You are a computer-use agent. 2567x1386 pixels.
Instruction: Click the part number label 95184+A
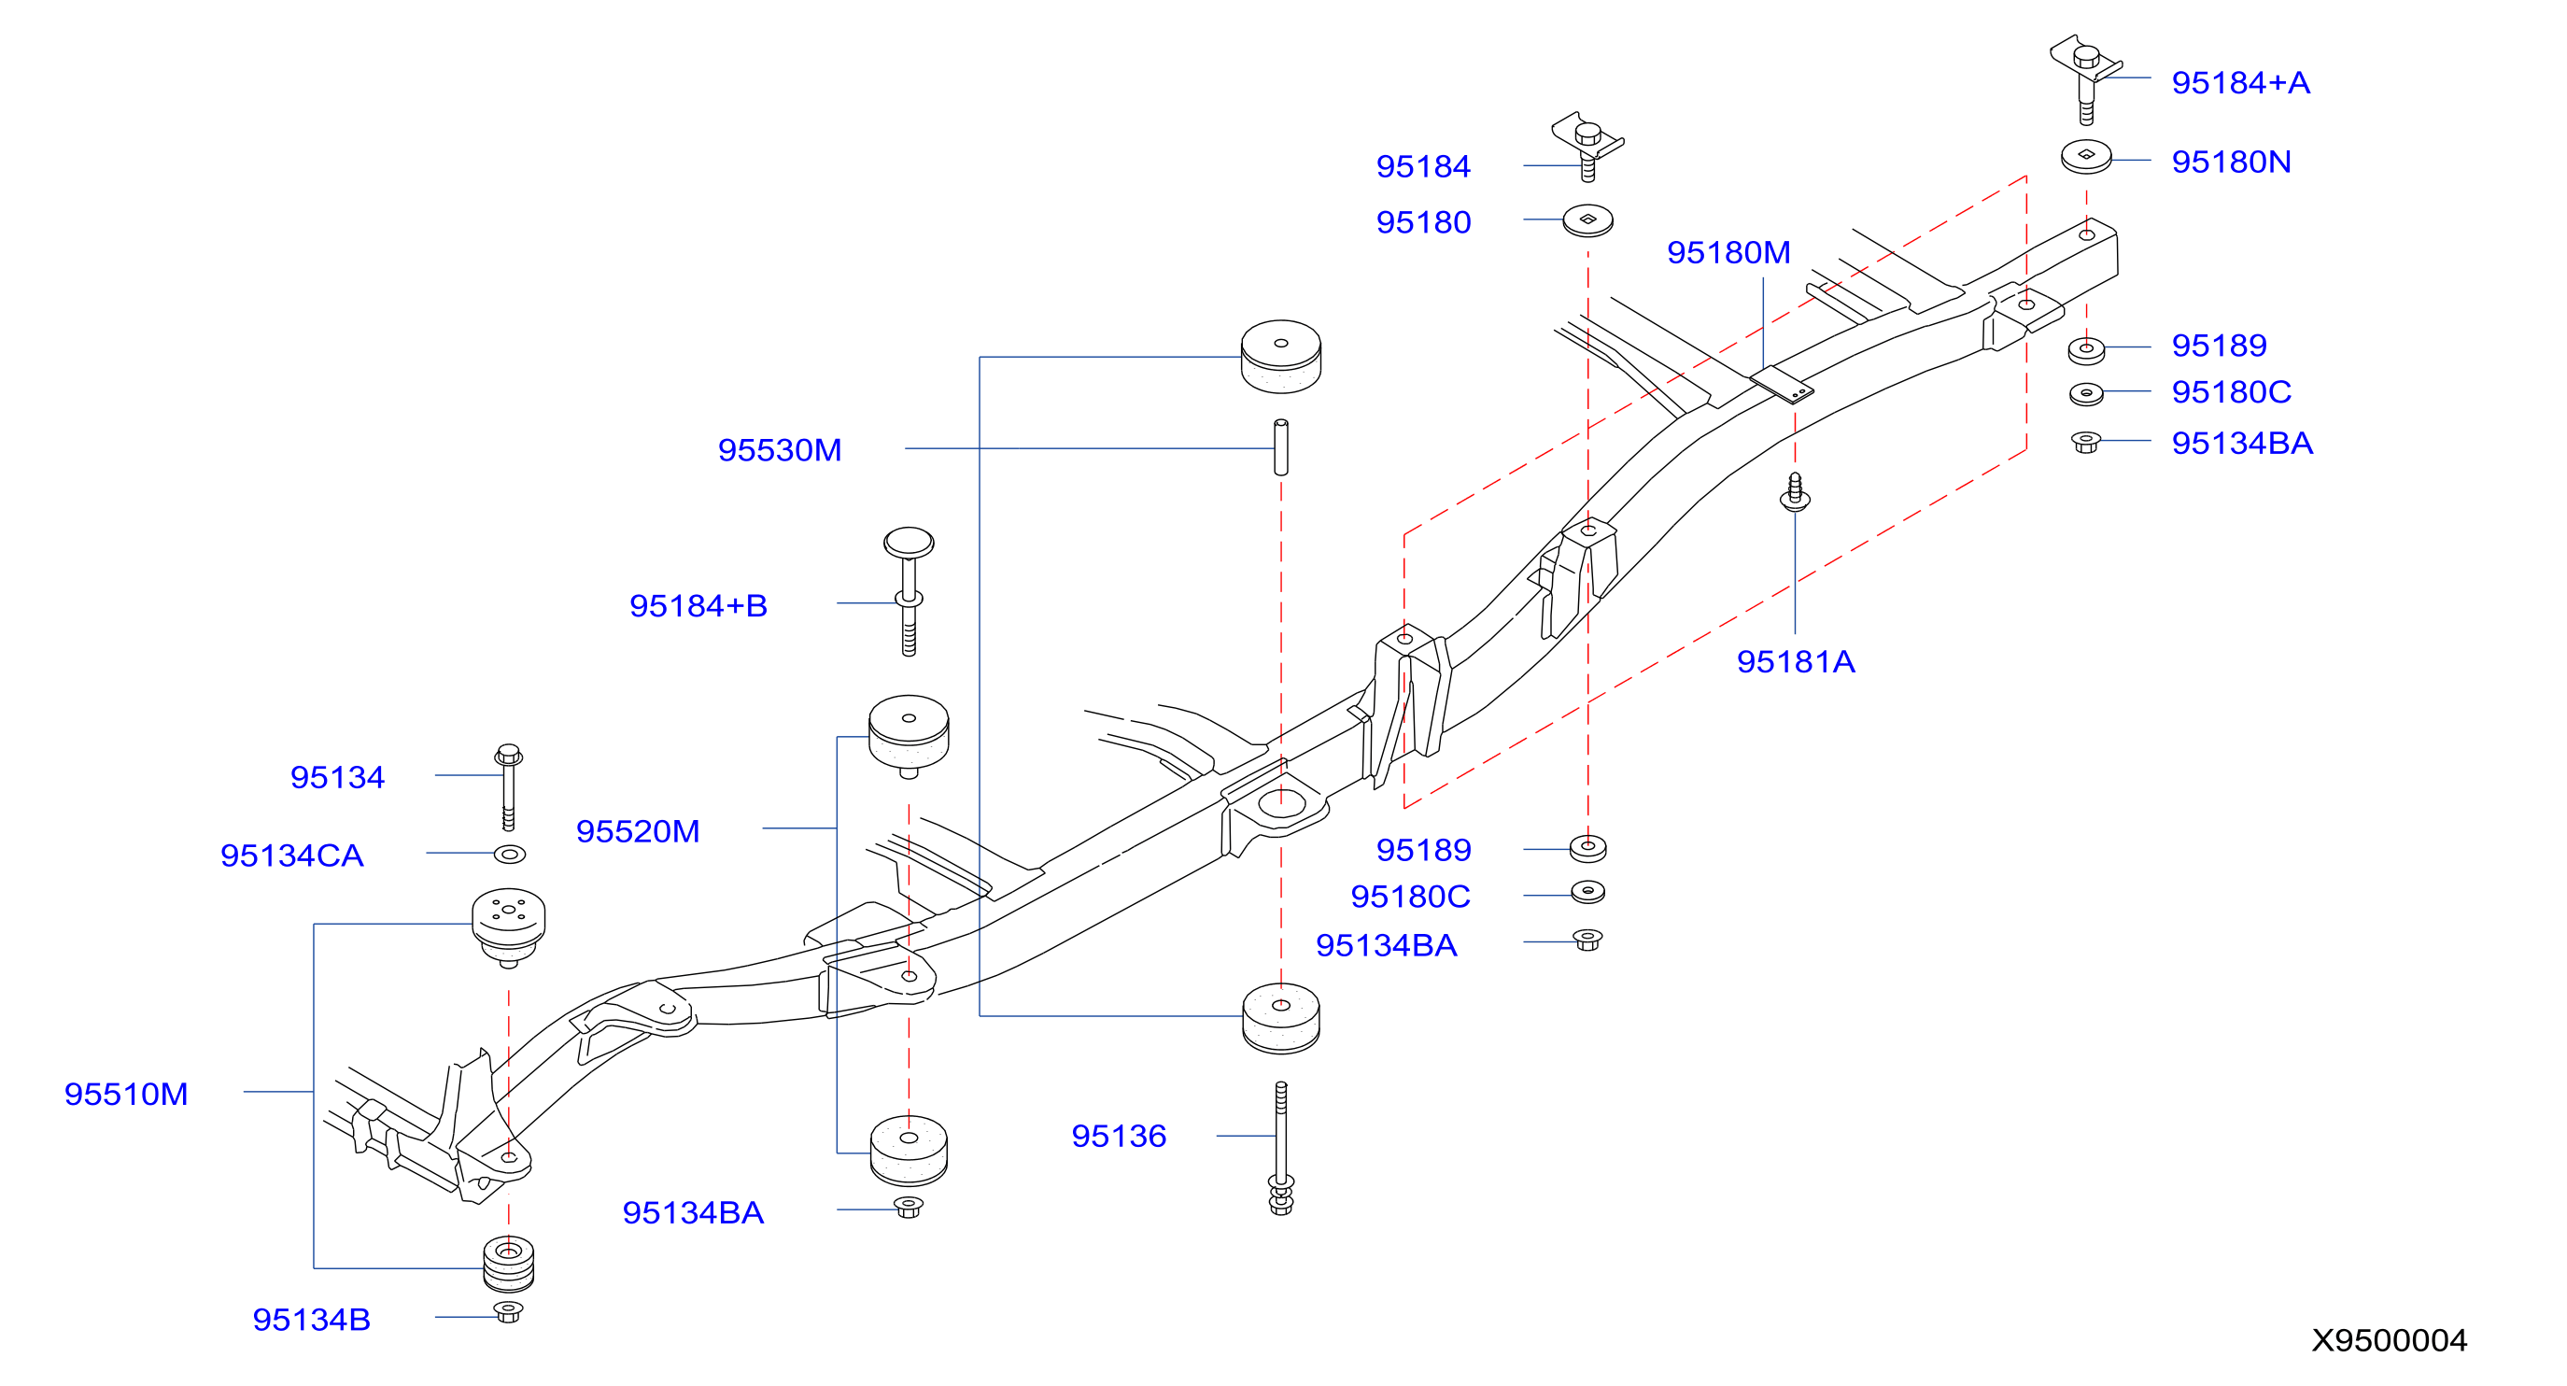click(2240, 83)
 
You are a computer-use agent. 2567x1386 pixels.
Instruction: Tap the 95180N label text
click(2231, 162)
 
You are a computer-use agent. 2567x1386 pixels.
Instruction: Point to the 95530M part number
click(780, 449)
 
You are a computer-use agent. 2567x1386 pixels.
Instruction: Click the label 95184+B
click(698, 605)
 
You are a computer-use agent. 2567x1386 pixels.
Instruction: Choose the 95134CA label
click(291, 855)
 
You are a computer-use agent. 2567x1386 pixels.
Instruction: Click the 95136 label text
click(1118, 1135)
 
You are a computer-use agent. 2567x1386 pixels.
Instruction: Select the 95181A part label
click(1795, 660)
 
